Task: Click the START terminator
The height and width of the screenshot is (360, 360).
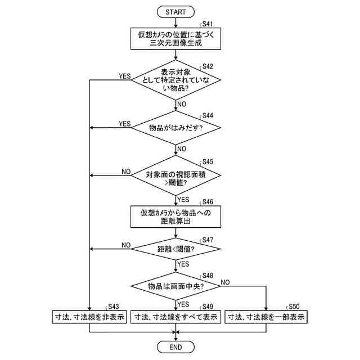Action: click(x=176, y=11)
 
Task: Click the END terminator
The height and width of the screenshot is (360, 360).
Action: click(x=176, y=346)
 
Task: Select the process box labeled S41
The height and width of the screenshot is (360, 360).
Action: click(x=176, y=38)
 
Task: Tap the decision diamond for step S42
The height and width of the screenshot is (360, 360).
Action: click(x=176, y=80)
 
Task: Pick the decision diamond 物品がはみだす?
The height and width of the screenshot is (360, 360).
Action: click(x=176, y=128)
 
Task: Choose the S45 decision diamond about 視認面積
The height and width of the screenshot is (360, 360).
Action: click(x=176, y=175)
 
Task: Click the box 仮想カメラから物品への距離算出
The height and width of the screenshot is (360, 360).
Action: click(x=176, y=217)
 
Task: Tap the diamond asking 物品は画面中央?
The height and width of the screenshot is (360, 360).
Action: click(x=176, y=286)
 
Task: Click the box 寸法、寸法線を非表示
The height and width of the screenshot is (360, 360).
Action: click(x=89, y=317)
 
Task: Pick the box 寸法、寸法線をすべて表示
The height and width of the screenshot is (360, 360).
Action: click(x=176, y=317)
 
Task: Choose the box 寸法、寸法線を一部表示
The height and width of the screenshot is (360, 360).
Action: click(x=266, y=317)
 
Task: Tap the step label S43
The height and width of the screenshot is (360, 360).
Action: click(x=114, y=306)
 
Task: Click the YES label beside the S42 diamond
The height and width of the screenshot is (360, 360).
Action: click(x=124, y=76)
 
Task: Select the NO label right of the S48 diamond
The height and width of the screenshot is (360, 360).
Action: click(x=226, y=281)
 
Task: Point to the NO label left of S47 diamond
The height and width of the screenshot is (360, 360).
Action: click(x=126, y=245)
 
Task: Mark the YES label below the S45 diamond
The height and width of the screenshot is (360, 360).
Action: click(x=183, y=199)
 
